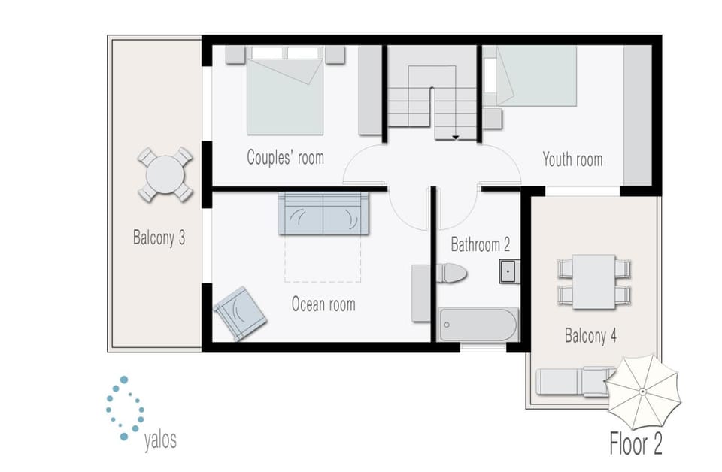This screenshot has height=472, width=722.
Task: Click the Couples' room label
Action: [285, 158]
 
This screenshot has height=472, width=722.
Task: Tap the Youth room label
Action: [572, 159]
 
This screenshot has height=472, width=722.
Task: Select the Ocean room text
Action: [323, 304]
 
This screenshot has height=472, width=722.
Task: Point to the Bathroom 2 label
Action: [480, 244]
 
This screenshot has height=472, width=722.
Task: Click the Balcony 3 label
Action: [159, 239]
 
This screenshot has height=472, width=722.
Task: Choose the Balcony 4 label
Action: [590, 336]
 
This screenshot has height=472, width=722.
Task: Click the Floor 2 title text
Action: [635, 443]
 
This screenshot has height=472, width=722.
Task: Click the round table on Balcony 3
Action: [164, 174]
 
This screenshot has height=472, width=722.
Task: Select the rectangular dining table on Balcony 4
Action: [593, 281]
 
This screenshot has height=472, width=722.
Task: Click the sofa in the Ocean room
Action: [323, 214]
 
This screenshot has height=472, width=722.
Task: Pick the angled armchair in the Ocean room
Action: [240, 313]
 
